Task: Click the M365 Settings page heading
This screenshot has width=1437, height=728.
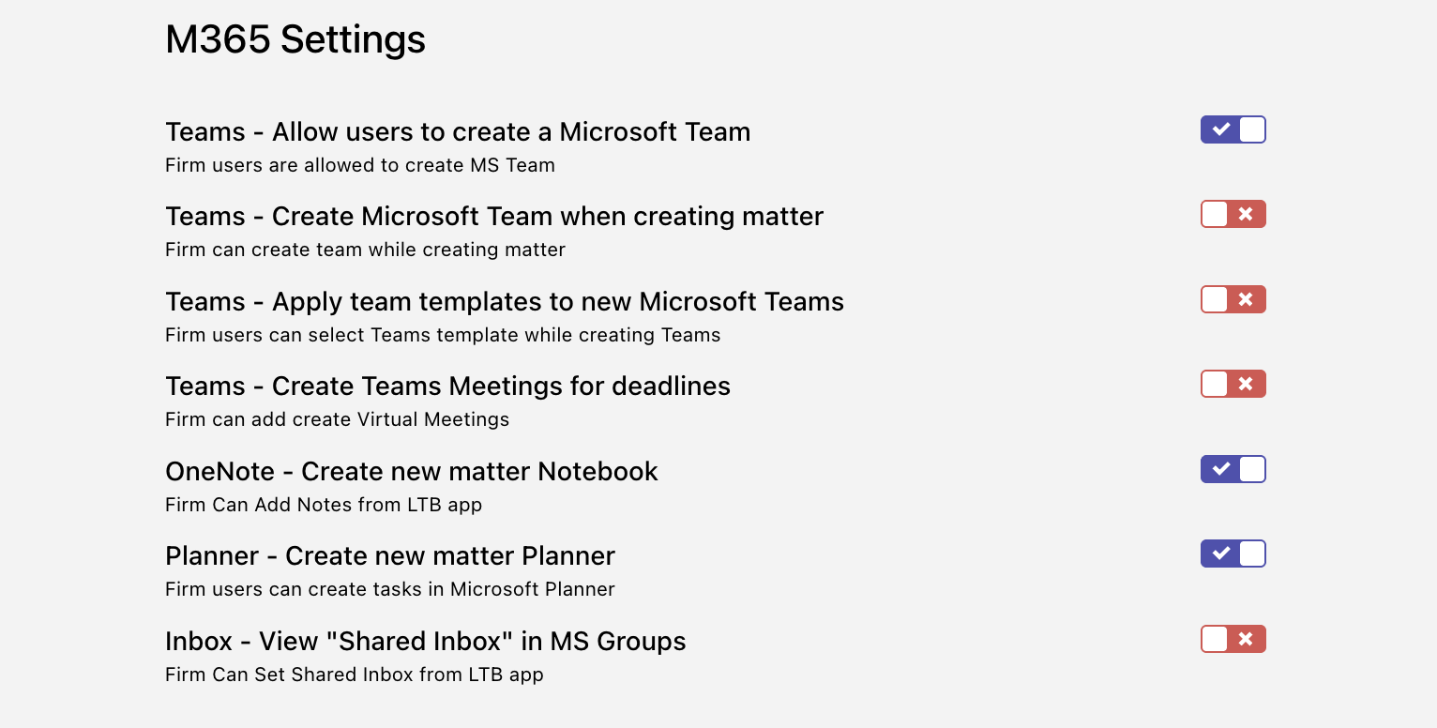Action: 295,39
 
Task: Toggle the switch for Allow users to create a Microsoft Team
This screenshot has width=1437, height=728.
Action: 1233,129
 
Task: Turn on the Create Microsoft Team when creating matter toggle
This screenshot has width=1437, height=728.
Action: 1233,214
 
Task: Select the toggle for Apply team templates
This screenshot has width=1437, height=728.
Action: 1233,299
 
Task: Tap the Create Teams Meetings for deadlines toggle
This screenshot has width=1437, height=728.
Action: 1233,385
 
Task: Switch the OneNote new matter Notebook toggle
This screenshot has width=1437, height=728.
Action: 1233,469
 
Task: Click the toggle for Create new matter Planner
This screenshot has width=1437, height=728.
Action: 1233,554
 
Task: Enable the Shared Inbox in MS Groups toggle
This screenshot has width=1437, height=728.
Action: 1233,639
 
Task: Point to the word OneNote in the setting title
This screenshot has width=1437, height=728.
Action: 220,472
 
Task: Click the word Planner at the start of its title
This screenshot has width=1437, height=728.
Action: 212,556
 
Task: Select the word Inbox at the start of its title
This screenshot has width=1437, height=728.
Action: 199,641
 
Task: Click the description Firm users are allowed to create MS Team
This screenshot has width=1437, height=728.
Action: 360,165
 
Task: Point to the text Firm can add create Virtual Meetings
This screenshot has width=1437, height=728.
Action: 337,419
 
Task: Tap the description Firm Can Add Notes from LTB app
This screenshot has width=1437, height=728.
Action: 324,505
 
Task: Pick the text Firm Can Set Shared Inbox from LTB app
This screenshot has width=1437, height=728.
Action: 355,675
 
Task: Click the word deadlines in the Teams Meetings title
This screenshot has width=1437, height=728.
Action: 671,387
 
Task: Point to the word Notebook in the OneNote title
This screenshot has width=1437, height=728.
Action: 597,472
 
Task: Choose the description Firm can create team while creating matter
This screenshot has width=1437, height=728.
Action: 365,250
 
